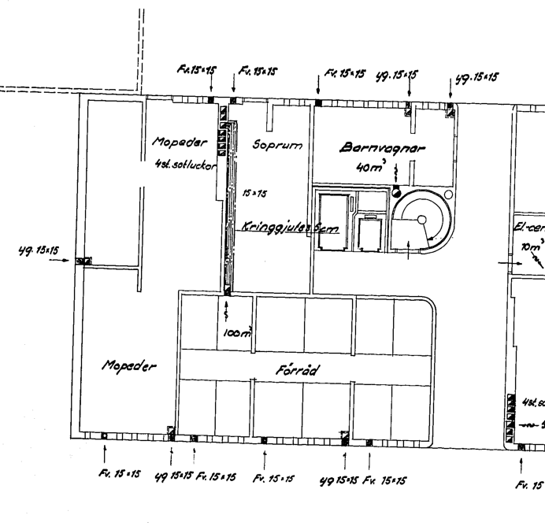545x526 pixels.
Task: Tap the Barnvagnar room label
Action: [373, 147]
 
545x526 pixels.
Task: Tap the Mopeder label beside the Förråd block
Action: [130, 368]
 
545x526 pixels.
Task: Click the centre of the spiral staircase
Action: [421, 220]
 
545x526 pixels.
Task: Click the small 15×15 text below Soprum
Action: [253, 193]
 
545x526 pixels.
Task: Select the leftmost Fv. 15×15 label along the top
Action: [197, 71]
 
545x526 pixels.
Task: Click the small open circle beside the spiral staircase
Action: [448, 194]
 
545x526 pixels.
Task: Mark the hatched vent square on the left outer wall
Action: [82, 261]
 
